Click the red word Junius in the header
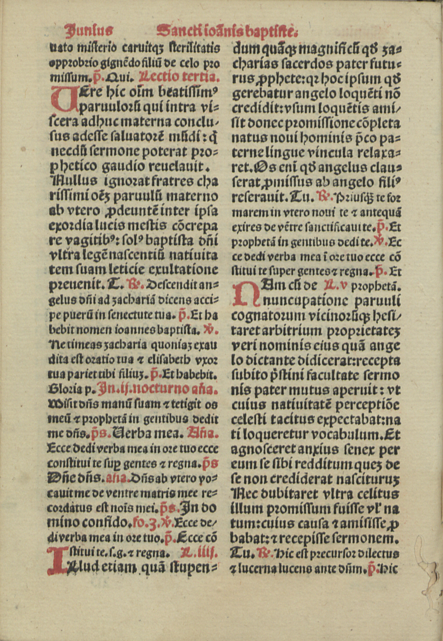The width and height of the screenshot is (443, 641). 88,29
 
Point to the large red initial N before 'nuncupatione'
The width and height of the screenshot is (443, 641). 245,294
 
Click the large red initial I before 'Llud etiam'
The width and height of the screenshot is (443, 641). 56,560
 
